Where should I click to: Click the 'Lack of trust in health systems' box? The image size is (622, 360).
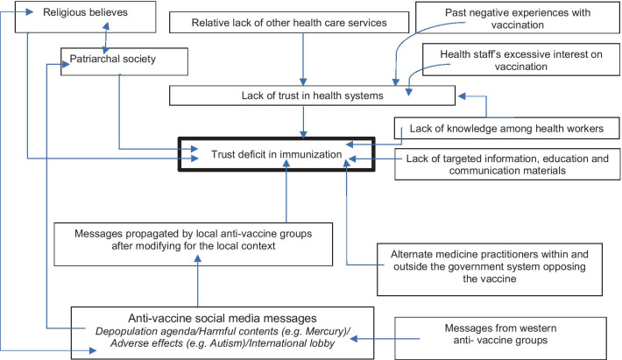(313, 95)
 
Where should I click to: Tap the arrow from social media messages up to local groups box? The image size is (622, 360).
(197, 285)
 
